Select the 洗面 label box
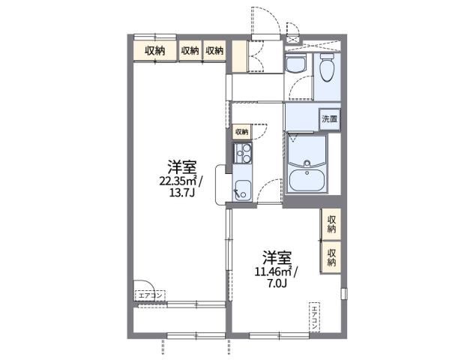(x=330, y=118)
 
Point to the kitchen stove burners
(x=242, y=156)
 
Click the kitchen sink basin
(x=242, y=189)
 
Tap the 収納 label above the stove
(x=241, y=131)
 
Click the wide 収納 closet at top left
(x=155, y=51)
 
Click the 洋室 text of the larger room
(x=181, y=166)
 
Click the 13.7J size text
(x=181, y=192)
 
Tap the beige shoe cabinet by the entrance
(x=238, y=57)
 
